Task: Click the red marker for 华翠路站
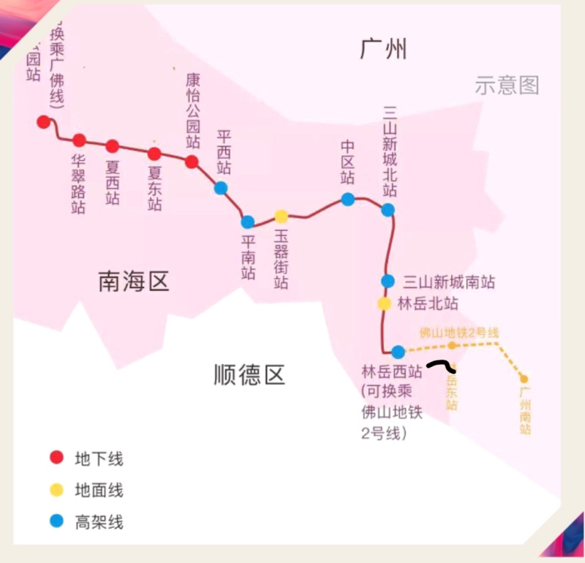[79, 140]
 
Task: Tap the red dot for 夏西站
[112, 146]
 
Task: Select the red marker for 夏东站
[154, 154]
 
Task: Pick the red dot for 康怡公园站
[192, 162]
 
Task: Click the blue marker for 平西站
[221, 188]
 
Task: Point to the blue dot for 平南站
[248, 222]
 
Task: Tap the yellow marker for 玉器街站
[282, 216]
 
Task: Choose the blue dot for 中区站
[348, 199]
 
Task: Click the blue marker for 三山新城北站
[388, 210]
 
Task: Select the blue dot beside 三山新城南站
[388, 281]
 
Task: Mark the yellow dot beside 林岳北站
[385, 303]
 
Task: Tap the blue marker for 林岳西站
[398, 352]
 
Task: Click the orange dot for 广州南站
[524, 379]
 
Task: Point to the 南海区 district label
[134, 281]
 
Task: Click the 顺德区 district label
[249, 375]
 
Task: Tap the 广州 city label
[383, 50]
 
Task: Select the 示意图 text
[507, 86]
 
